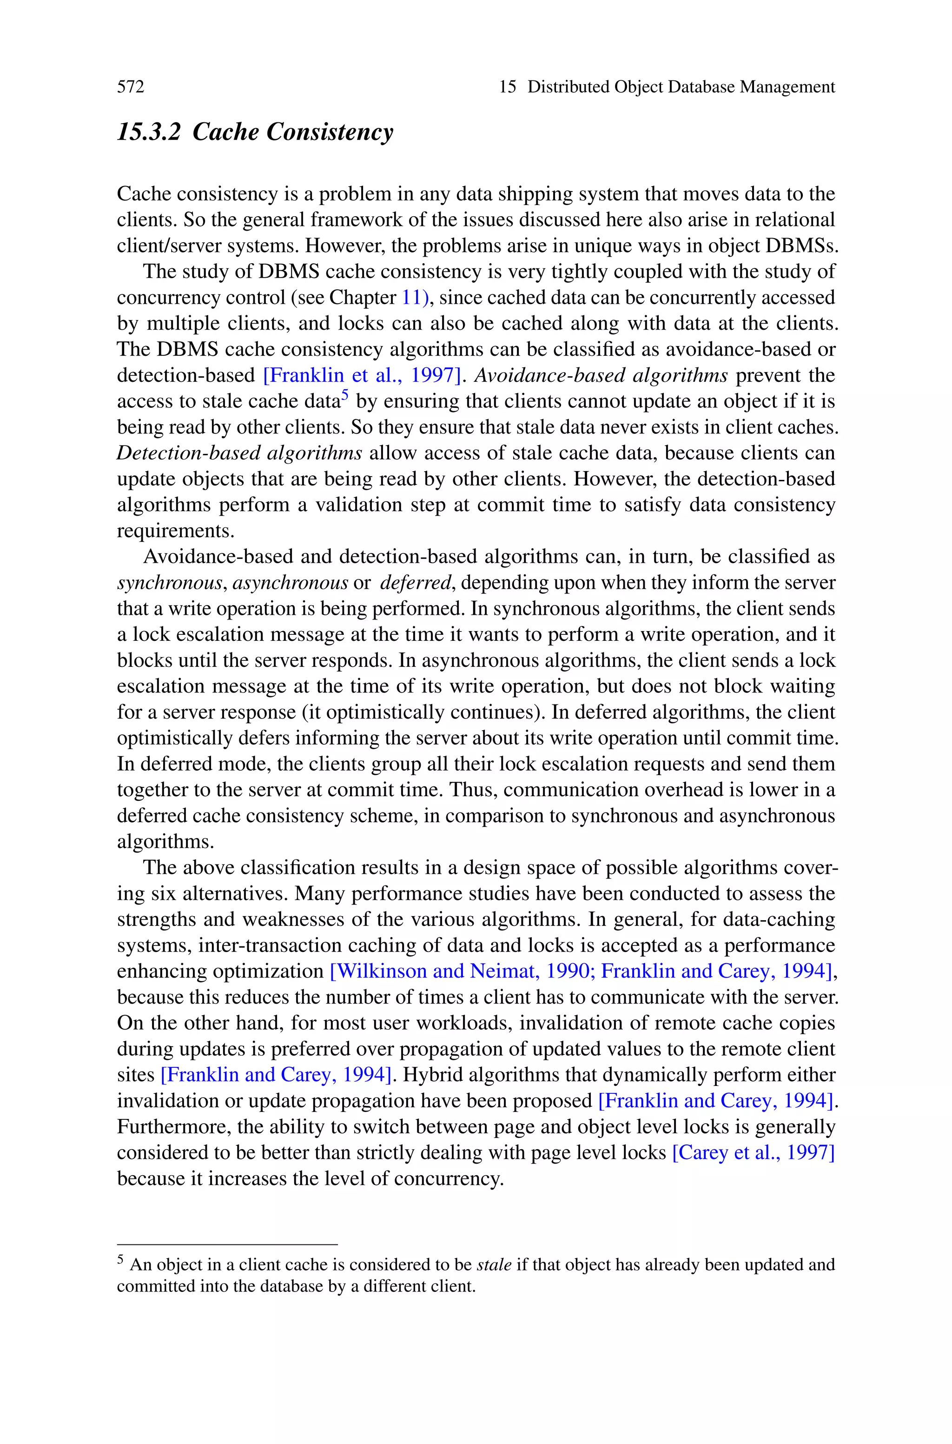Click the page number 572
point(131,87)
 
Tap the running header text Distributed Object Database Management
point(681,87)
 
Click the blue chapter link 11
point(412,298)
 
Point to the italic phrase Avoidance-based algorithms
point(601,376)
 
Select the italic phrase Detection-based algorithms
point(240,453)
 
